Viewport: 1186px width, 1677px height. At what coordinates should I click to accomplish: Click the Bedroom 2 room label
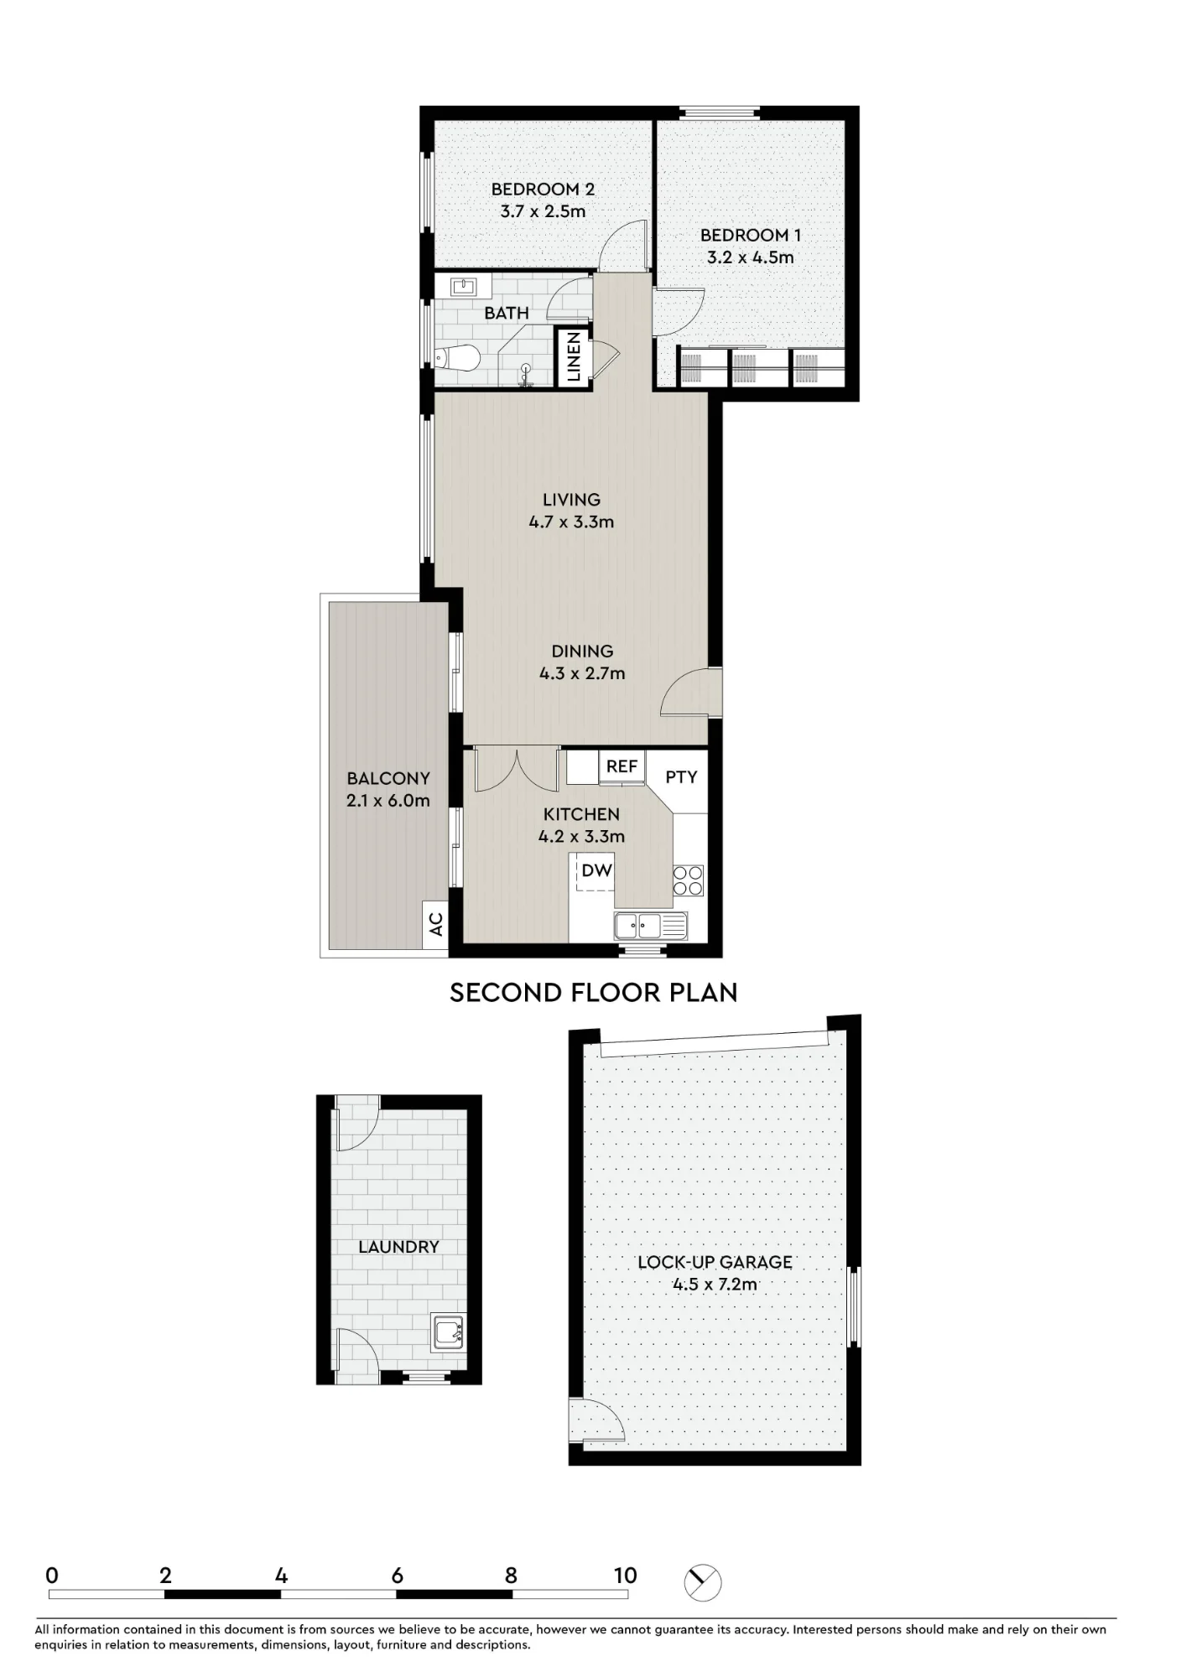pyautogui.click(x=543, y=190)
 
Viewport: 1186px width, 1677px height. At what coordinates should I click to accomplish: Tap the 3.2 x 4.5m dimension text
pyautogui.click(x=750, y=257)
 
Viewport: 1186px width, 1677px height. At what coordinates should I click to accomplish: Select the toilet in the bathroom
pyautogui.click(x=457, y=359)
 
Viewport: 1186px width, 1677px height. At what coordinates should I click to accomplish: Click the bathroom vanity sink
pyautogui.click(x=463, y=287)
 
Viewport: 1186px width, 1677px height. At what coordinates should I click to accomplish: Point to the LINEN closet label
pyautogui.click(x=575, y=357)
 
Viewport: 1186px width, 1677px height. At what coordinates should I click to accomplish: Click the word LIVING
pyautogui.click(x=571, y=500)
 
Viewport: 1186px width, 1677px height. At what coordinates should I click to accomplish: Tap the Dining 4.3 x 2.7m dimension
pyautogui.click(x=582, y=673)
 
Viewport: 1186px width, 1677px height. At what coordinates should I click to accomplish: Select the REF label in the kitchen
pyautogui.click(x=622, y=766)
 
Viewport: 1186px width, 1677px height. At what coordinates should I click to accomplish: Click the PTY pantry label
pyautogui.click(x=681, y=777)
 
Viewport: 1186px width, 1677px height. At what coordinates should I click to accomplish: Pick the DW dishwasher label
pyautogui.click(x=597, y=870)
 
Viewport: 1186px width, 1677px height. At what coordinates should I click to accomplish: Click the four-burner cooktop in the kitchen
pyautogui.click(x=689, y=880)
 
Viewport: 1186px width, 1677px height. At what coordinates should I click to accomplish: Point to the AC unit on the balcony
pyautogui.click(x=435, y=925)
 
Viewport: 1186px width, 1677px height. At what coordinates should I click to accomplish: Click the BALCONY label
pyautogui.click(x=388, y=779)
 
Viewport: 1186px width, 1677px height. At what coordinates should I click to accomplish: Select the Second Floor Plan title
pyautogui.click(x=594, y=993)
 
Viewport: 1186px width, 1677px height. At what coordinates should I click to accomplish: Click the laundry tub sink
pyautogui.click(x=448, y=1332)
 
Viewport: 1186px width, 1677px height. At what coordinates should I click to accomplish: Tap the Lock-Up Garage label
pyautogui.click(x=715, y=1262)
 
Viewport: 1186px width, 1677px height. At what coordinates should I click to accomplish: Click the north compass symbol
pyautogui.click(x=703, y=1582)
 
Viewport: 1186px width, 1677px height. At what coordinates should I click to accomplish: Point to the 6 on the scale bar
pyautogui.click(x=398, y=1576)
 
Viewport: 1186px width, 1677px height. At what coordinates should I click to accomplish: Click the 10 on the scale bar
pyautogui.click(x=626, y=1576)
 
